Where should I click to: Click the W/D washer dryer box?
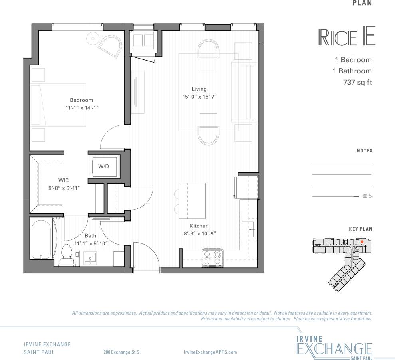[x=104, y=166]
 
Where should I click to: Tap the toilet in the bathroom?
[x=67, y=255]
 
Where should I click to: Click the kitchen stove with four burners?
[x=212, y=257]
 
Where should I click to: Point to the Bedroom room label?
[x=81, y=100]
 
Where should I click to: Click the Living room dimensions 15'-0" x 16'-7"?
[x=199, y=97]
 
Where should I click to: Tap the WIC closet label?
[x=64, y=180]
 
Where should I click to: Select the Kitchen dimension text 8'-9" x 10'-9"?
[x=199, y=234]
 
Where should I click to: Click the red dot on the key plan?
[x=362, y=241]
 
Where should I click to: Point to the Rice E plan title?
[x=346, y=37]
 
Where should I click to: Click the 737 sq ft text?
[x=357, y=83]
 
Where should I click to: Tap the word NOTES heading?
[x=364, y=151]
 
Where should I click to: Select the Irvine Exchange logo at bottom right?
[x=335, y=345]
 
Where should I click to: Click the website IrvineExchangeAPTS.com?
[x=210, y=352]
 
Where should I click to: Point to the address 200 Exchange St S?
[x=121, y=352]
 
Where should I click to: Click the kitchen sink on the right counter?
[x=248, y=229]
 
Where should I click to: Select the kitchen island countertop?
[x=192, y=200]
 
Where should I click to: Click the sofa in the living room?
[x=243, y=92]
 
